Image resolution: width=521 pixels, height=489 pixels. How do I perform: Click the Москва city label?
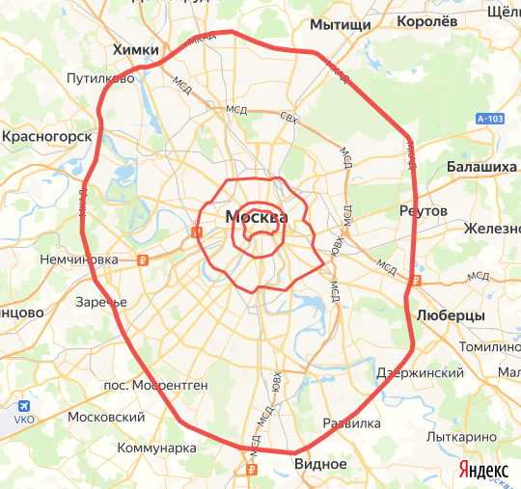(256, 217)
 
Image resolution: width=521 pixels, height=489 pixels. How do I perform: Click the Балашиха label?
(482, 168)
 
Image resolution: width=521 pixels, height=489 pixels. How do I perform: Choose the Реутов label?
(423, 210)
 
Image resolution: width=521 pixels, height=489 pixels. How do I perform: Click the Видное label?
(320, 464)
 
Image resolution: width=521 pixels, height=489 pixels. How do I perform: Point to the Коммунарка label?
(155, 448)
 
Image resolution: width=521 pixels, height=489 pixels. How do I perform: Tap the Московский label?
(106, 418)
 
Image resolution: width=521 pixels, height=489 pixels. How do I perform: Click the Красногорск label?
(46, 138)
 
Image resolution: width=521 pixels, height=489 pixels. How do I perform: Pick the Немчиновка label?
(79, 259)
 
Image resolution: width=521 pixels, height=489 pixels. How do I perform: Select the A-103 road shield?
(490, 119)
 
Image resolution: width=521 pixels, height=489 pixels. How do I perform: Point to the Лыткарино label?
(470, 436)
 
